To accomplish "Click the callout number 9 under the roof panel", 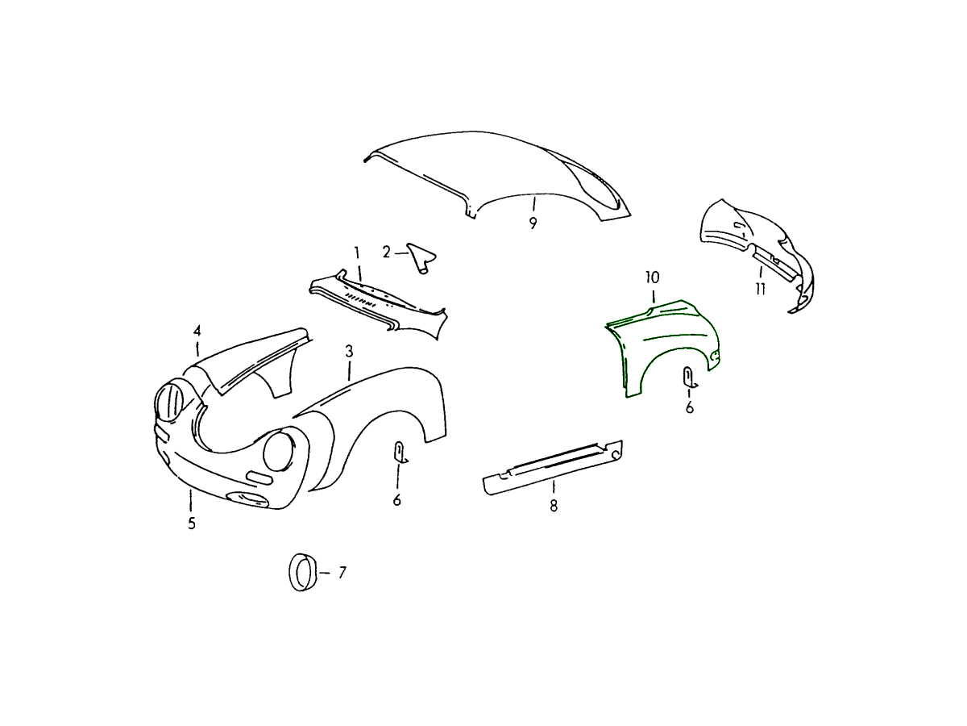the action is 533,223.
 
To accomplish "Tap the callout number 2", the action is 386,252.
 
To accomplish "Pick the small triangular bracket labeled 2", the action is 421,257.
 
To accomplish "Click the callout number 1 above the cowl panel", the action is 357,252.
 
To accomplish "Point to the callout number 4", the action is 197,331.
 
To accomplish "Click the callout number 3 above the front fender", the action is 349,352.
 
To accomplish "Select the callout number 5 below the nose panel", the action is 192,524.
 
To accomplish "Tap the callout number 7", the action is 342,573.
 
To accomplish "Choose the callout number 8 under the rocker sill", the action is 554,505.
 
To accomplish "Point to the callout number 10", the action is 653,277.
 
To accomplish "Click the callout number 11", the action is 761,289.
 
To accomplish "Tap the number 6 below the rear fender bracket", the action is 690,407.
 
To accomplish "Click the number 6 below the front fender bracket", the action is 397,500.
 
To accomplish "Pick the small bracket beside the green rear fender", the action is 688,378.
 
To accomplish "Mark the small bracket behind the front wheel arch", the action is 399,452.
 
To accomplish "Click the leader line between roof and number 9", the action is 534,205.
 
